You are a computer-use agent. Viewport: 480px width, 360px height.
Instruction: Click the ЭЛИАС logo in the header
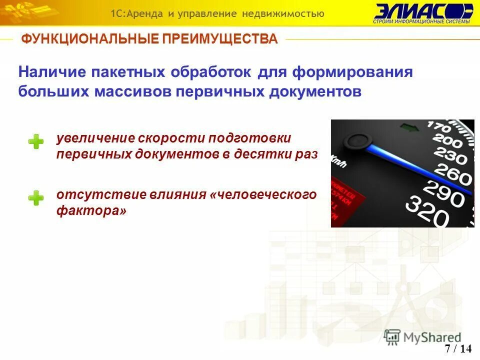(x=422, y=13)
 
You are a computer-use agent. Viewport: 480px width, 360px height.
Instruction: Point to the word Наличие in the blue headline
(x=51, y=72)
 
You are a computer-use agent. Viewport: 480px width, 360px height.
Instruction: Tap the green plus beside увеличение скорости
(x=35, y=142)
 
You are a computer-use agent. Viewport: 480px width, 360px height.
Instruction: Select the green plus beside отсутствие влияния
(x=35, y=198)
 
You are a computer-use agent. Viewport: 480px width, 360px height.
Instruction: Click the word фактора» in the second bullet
(x=91, y=211)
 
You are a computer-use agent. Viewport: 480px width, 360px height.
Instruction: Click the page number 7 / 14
(x=458, y=348)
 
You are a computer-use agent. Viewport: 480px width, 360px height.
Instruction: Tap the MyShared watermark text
(x=432, y=337)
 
